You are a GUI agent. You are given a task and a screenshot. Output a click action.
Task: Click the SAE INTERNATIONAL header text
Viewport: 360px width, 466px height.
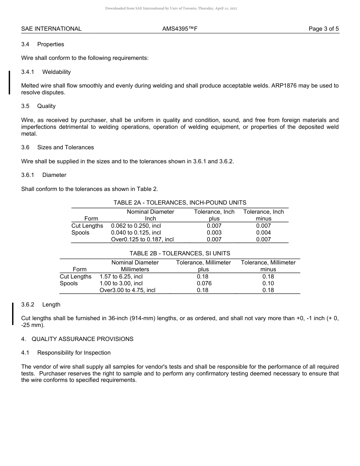pyautogui.click(x=51, y=29)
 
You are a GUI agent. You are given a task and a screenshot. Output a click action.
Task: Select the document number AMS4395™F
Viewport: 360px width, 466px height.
pyautogui.click(x=180, y=29)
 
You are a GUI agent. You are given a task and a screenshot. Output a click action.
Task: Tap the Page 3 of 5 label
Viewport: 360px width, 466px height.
pyautogui.click(x=324, y=29)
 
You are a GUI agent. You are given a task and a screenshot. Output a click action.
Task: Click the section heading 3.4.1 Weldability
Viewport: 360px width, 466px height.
pyautogui.click(x=46, y=72)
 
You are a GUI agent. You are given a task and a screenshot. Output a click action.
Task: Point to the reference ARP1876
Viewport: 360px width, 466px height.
pyautogui.click(x=284, y=86)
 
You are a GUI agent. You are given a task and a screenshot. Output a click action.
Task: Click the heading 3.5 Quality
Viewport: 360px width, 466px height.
pyautogui.click(x=38, y=106)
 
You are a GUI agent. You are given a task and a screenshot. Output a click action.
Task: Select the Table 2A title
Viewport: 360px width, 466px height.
pyautogui.click(x=180, y=203)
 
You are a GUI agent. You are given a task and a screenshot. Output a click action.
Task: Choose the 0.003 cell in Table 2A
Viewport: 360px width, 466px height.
pyautogui.click(x=214, y=233)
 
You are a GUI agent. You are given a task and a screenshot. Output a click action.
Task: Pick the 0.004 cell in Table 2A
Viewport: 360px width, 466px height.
pyautogui.click(x=263, y=233)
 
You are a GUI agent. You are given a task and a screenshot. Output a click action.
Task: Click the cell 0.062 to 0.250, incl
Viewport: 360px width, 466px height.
pyautogui.click(x=136, y=226)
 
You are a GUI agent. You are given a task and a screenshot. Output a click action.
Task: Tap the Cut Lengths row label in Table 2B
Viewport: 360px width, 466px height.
pyautogui.click(x=75, y=277)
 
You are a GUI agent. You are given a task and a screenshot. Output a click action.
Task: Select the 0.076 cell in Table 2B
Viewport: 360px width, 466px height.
pyautogui.click(x=204, y=283)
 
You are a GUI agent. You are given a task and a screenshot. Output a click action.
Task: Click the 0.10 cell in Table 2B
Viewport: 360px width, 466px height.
pyautogui.click(x=268, y=283)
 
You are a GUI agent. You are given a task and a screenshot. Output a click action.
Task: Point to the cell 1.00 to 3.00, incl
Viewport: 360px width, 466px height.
pyautogui.click(x=121, y=283)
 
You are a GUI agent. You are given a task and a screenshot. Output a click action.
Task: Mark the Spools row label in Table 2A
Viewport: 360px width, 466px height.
pyautogui.click(x=80, y=233)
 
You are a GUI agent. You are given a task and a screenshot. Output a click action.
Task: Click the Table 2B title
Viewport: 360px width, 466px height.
pyautogui.click(x=180, y=253)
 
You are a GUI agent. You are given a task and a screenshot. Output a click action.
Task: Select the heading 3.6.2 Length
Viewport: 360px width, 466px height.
pyautogui.click(x=41, y=305)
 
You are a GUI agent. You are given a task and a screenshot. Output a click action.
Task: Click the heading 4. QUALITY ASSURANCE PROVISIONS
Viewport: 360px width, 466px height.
pyautogui.click(x=77, y=339)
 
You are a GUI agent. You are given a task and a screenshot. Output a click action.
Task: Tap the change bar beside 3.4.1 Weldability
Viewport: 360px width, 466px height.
pyautogui.click(x=9, y=82)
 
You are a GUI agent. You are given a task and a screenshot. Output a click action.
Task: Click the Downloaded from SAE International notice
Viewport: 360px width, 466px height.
pyautogui.click(x=171, y=8)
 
